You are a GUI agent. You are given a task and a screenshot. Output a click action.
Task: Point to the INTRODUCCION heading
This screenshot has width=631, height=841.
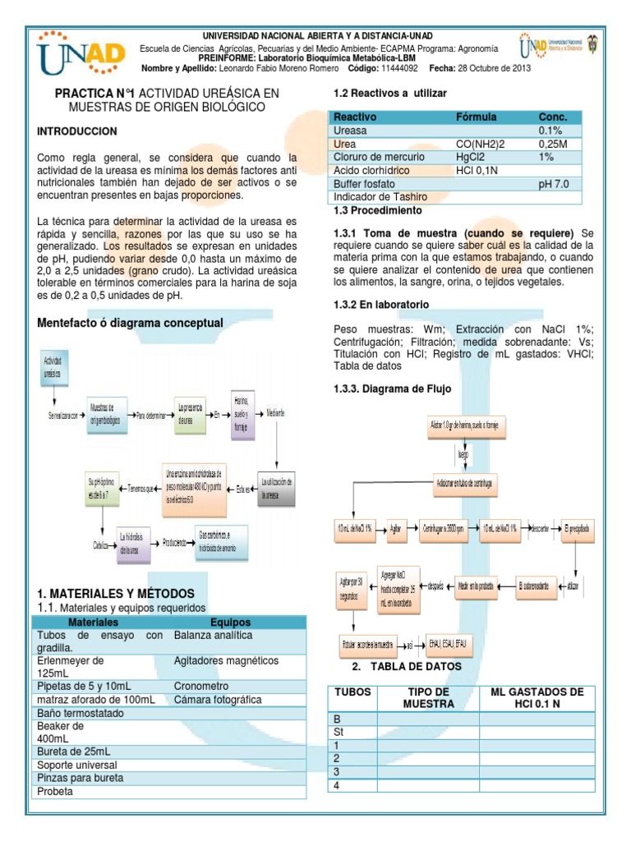pos(77,131)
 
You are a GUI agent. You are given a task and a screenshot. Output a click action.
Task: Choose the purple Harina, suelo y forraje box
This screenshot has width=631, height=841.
pos(242,415)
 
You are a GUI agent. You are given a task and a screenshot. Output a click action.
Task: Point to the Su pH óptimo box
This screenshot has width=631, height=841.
pos(102,488)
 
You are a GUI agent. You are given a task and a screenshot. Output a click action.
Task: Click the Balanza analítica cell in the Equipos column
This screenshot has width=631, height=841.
pos(213,636)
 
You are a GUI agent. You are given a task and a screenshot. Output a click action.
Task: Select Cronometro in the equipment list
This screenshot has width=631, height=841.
pos(202,686)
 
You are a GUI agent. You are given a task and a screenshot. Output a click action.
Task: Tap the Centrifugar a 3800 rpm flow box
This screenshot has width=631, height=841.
pos(443,528)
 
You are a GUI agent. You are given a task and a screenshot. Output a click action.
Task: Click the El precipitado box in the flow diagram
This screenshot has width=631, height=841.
pos(577,528)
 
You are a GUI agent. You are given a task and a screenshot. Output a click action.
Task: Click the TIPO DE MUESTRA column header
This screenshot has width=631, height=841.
pos(427,698)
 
